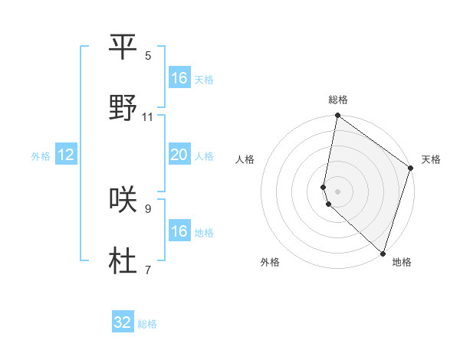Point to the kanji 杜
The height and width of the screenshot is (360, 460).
pos(123,260)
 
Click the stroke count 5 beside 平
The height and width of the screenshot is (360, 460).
pos(148,55)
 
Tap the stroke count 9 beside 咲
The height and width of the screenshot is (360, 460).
pos(148,208)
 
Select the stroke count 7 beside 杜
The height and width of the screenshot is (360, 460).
pos(148,270)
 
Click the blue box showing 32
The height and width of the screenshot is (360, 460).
pos(123,322)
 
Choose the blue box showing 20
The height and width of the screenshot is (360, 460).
pos(179,155)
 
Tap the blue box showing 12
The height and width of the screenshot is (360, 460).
pos(66,155)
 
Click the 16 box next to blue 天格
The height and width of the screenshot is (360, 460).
pos(179,78)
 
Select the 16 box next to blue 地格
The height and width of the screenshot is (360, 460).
pos(179,231)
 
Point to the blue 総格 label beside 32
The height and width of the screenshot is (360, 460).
pos(147,324)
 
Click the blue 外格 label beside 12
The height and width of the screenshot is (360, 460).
pos(41,156)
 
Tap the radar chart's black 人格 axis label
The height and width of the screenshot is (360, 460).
pos(245,159)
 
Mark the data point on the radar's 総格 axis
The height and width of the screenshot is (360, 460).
pos(337,116)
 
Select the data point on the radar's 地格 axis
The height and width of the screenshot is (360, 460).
pos(383,253)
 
